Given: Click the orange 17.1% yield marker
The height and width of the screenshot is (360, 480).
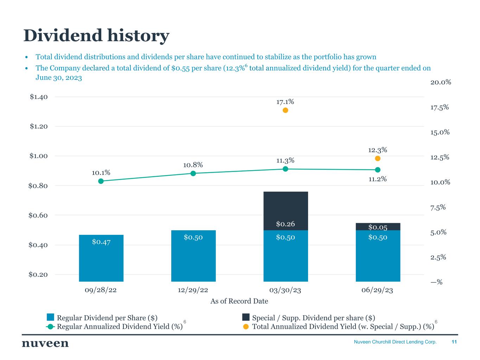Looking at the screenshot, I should click(x=285, y=110).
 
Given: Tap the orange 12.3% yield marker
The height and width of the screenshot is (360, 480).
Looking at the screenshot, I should click(x=378, y=158).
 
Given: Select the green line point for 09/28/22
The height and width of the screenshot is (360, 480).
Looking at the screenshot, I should click(x=101, y=181).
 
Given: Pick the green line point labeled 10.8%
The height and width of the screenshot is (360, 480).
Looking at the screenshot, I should click(x=193, y=173).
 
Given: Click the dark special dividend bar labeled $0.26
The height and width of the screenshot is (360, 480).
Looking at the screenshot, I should click(x=286, y=211).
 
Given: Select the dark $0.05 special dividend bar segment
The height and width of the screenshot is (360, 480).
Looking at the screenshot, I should click(x=378, y=227).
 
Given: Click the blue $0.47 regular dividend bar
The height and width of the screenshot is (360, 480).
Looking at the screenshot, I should click(x=101, y=258).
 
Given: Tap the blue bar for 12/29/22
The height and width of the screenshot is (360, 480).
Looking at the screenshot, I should click(x=193, y=256).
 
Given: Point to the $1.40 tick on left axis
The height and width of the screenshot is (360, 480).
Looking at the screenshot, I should click(x=39, y=97).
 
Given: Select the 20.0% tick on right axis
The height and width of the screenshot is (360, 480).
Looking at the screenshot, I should click(x=441, y=82).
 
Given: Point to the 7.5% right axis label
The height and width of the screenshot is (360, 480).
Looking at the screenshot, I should click(x=438, y=207).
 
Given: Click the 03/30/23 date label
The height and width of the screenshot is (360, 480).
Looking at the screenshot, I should click(x=285, y=290).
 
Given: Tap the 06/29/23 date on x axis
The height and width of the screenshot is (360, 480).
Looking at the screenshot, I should click(x=377, y=290).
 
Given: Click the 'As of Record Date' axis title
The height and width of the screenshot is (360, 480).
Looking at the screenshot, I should click(x=239, y=301).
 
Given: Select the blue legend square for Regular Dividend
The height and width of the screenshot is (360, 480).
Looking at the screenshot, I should click(x=51, y=317).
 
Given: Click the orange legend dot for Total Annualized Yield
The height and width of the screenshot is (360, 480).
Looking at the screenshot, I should click(x=246, y=327).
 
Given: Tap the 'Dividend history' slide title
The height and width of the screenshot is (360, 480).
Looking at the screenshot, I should click(x=96, y=36).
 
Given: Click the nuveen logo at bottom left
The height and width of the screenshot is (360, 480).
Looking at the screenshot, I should click(x=45, y=343).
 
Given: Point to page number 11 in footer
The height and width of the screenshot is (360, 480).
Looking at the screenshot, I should click(x=454, y=342).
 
